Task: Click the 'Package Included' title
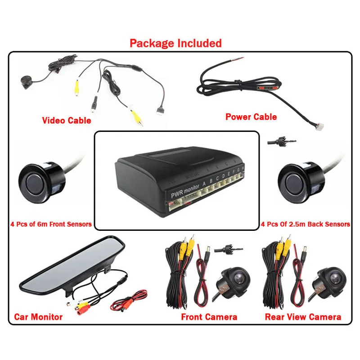coord(175,43)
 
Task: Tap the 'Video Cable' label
coord(66,120)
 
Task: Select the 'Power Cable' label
coord(251,117)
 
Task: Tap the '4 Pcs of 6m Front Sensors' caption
coord(51,224)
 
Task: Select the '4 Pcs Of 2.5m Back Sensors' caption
coord(305,224)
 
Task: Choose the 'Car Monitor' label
coord(38,317)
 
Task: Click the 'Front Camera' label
coord(209,317)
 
